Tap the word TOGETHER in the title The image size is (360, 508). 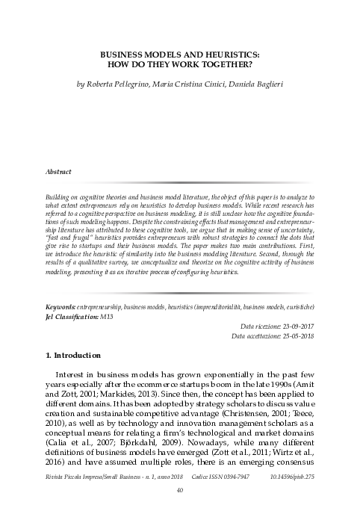pos(228,65)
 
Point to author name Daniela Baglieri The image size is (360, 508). pos(255,85)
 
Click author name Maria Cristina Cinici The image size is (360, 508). pos(190,85)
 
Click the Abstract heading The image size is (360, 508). pos(59,171)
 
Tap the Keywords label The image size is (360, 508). pos(61,307)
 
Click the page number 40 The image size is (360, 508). pos(180,490)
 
